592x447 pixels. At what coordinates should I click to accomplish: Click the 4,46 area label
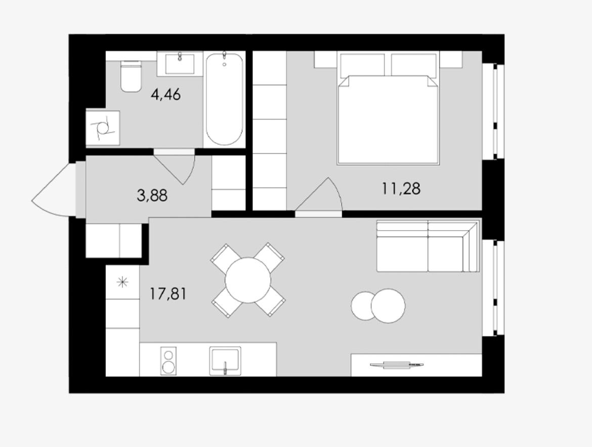point(166,94)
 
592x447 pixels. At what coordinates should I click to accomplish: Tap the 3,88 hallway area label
point(152,196)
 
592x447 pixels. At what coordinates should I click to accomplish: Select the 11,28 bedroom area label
point(401,188)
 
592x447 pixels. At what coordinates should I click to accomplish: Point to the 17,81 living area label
point(168,293)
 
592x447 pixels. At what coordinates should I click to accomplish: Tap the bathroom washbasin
point(180,63)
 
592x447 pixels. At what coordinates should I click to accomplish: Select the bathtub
point(224,99)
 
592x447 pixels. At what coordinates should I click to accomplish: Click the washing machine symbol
point(103,128)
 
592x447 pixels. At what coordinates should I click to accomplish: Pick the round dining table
point(248,280)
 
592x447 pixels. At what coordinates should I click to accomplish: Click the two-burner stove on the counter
point(168,361)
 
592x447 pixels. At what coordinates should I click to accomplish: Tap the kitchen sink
point(225,361)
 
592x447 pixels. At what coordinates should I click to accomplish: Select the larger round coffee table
point(388,306)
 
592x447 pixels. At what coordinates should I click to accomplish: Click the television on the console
point(396,364)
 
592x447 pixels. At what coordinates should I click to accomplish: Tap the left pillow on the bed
point(363,65)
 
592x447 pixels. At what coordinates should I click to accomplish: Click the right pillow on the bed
point(414,65)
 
